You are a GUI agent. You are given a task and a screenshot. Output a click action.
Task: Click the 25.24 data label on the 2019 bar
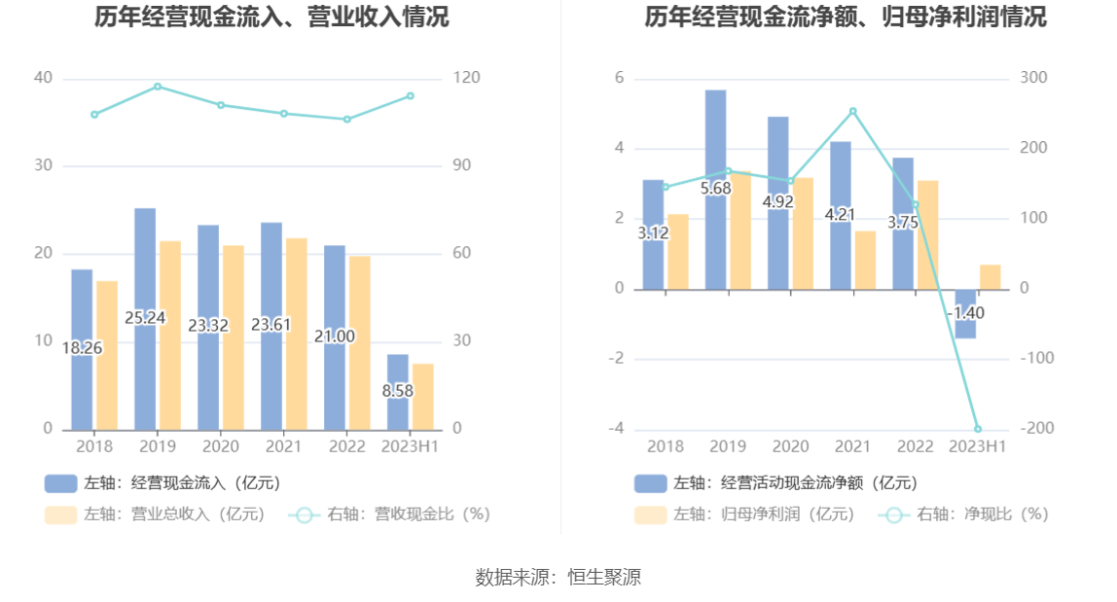(145, 318)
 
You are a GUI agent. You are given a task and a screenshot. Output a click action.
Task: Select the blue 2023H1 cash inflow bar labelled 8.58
(398, 392)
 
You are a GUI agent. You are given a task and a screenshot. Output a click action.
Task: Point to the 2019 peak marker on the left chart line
(158, 87)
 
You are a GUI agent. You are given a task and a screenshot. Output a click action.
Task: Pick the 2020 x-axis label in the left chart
(221, 446)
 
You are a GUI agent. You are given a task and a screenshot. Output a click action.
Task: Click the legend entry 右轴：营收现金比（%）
(389, 514)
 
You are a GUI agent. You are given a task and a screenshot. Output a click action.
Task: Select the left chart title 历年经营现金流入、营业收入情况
(271, 18)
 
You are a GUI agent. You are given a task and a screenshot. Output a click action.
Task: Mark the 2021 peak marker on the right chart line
(852, 111)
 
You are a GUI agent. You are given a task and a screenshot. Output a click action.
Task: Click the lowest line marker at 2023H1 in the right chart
(978, 429)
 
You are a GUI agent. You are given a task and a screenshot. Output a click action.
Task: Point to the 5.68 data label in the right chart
(716, 188)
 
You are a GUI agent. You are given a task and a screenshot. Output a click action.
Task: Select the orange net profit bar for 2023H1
(991, 277)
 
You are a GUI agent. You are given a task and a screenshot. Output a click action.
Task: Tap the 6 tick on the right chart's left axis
(619, 78)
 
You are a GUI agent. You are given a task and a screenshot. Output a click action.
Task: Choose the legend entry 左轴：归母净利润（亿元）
(745, 514)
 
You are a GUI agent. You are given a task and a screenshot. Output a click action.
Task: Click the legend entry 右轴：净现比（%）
(964, 514)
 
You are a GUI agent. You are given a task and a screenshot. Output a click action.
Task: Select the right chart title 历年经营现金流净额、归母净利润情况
(845, 18)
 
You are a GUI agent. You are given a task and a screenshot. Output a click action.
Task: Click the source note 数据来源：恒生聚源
(558, 577)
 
